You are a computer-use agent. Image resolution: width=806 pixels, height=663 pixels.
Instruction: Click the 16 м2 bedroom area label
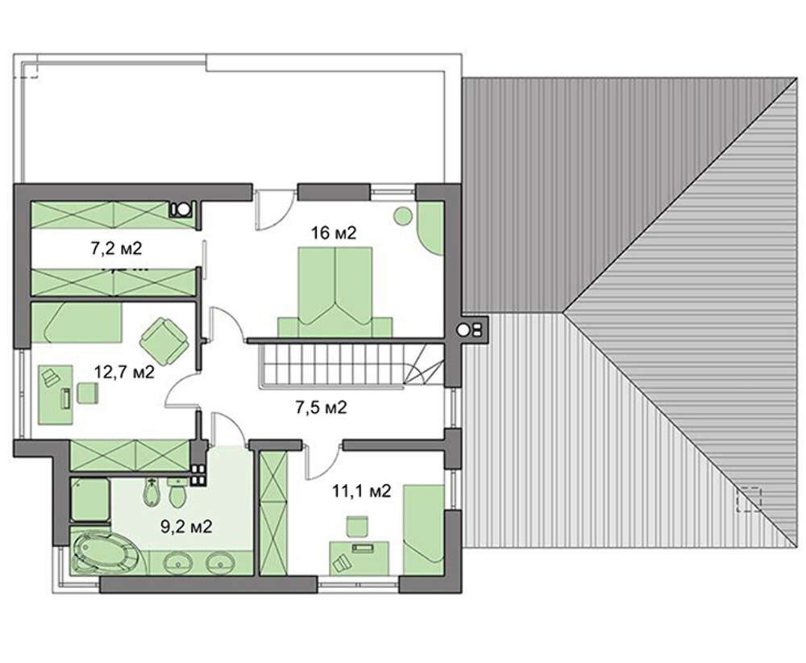click(334, 233)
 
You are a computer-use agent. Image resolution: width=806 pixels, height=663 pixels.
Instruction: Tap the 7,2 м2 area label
click(116, 248)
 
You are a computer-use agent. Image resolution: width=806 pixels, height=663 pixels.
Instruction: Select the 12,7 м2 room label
click(124, 371)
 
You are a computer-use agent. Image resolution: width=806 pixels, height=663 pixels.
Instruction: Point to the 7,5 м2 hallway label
click(321, 407)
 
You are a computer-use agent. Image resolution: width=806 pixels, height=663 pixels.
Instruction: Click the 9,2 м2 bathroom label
click(187, 526)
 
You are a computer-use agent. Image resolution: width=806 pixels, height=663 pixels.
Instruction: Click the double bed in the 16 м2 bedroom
click(335, 292)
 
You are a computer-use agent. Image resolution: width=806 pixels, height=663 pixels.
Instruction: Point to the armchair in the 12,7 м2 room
click(164, 340)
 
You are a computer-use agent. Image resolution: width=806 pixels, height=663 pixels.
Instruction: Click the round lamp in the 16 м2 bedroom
click(403, 215)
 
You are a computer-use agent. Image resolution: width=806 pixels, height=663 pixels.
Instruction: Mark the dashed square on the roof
click(749, 498)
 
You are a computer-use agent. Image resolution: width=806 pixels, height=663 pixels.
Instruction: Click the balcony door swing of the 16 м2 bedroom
click(275, 210)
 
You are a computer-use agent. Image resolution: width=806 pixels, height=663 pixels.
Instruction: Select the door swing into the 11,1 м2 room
click(323, 459)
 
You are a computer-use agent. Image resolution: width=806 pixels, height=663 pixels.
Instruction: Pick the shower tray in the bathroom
click(89, 499)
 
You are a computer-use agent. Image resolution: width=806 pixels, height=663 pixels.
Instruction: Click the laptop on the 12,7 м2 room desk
click(50, 377)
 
